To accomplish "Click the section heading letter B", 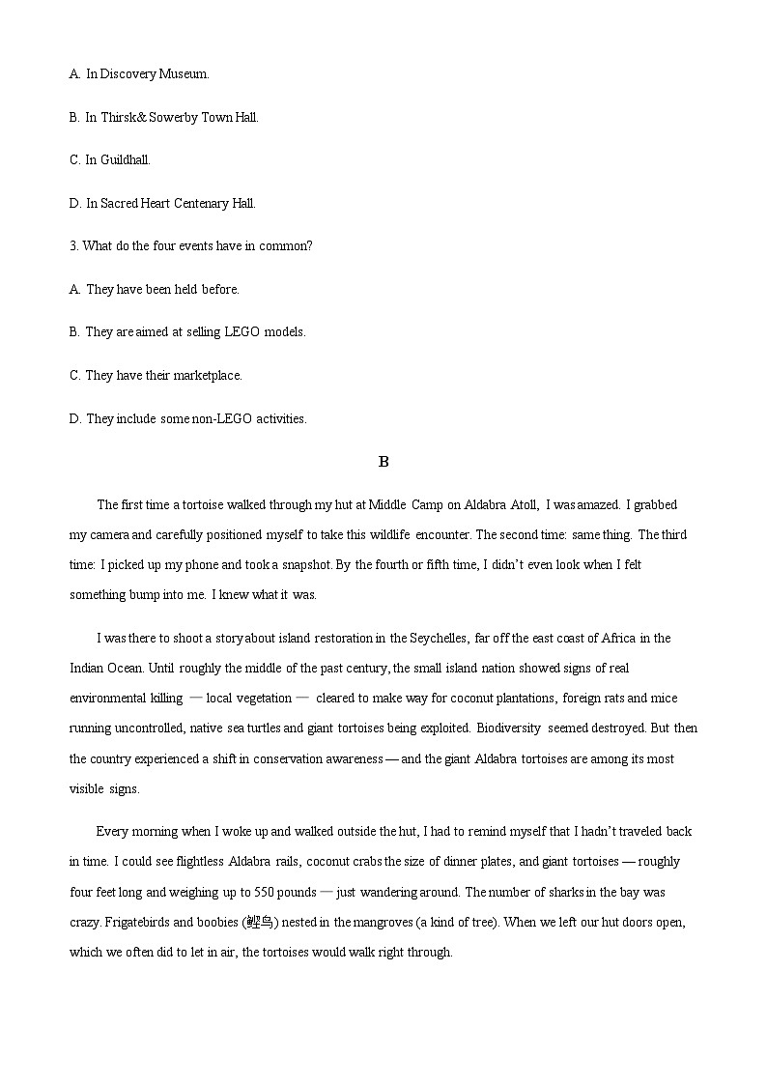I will [383, 462].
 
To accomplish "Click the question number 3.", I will [73, 245].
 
